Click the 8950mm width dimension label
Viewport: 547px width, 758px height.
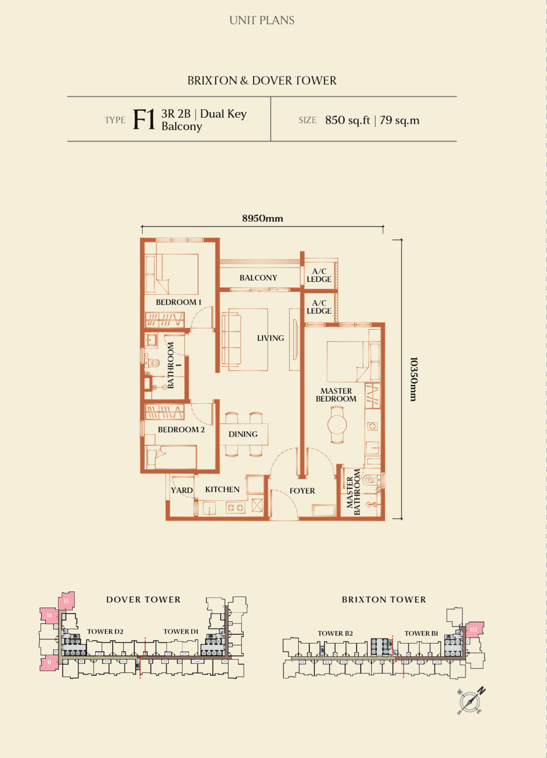[262, 218]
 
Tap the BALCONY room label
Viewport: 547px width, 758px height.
[258, 278]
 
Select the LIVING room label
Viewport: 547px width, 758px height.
[270, 338]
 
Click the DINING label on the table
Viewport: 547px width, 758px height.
[243, 434]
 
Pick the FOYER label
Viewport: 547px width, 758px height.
[302, 491]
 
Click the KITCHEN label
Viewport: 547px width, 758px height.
[222, 489]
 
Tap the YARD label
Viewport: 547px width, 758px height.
[182, 490]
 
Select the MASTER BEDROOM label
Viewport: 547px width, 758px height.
[336, 395]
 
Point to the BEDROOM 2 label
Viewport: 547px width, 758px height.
[181, 429]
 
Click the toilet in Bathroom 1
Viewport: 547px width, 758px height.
[153, 363]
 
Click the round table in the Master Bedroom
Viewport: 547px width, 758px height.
[337, 425]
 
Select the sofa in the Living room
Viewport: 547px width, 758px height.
[230, 339]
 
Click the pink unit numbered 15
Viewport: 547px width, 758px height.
[66, 601]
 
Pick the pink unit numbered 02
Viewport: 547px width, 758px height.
[475, 630]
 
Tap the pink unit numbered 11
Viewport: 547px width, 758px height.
[49, 662]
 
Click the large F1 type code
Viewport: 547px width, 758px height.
[144, 119]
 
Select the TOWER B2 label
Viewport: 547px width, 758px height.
[335, 633]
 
